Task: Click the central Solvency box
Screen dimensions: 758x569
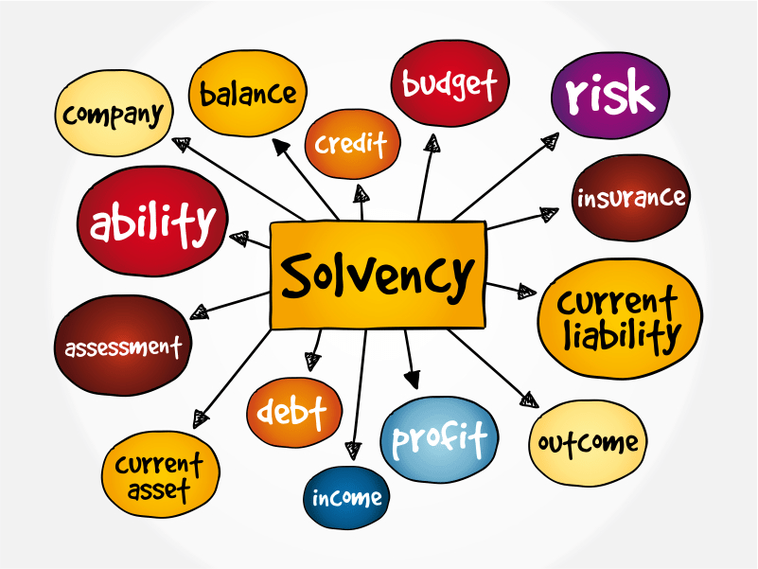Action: click(379, 275)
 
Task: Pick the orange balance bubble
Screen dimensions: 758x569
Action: click(248, 93)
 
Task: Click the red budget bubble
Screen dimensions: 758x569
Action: click(450, 83)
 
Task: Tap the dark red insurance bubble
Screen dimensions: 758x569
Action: click(630, 198)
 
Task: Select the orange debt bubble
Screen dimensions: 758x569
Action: click(293, 412)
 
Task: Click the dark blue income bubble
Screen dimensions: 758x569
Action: click(347, 498)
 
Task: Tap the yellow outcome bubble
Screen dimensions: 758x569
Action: click(588, 443)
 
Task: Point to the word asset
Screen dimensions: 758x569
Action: click(160, 490)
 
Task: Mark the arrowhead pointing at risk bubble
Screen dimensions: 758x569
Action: click(550, 140)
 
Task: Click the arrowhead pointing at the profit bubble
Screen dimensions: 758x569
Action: click(412, 380)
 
